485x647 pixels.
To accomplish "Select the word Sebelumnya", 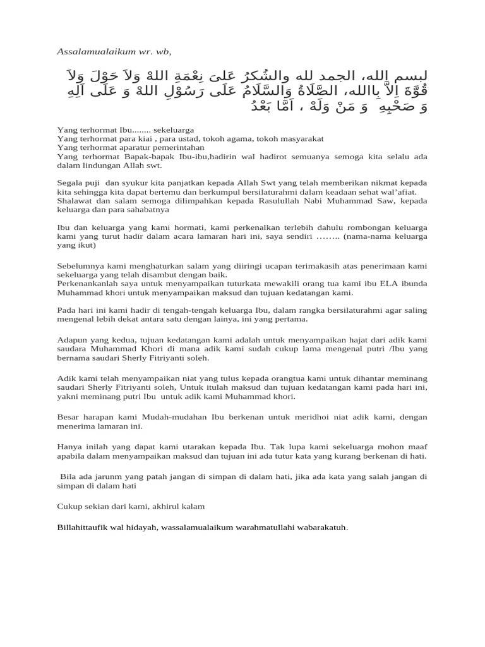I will (78, 266).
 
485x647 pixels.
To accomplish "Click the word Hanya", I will (68, 446).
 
